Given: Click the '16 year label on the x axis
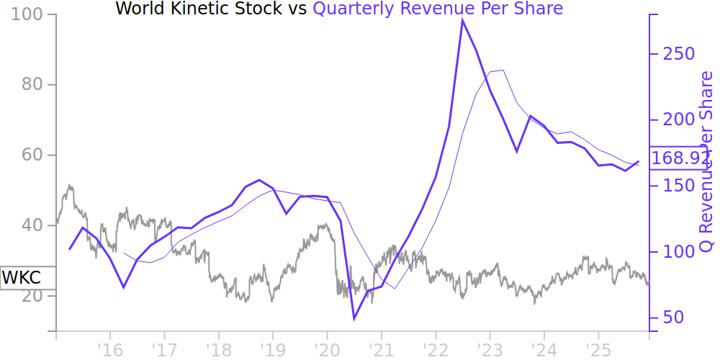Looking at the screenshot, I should pos(109,349).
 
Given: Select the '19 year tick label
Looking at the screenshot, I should pos(272,349).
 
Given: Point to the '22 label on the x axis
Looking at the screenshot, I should pos(435,349).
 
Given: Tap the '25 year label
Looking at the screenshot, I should pos(598,349).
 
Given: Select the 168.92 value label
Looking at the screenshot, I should pos(680,158).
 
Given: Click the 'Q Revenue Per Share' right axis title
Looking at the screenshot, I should pos(706,162).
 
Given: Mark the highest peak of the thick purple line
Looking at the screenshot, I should pos(462,19).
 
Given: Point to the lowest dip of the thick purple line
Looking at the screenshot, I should pos(354,319).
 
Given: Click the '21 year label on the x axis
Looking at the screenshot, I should pos(380,349).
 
